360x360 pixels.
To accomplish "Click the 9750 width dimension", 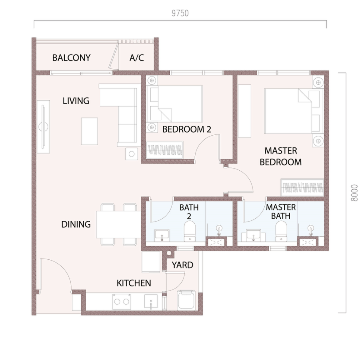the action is tap(180, 13).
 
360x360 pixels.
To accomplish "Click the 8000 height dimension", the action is tap(354, 193).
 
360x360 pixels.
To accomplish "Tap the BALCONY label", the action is tap(71, 57).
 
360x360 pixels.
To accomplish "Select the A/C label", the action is tap(137, 57).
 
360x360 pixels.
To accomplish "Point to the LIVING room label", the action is tap(76, 101).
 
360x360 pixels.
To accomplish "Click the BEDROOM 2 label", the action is tap(187, 129).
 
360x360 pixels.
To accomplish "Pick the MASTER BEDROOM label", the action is tap(281, 156).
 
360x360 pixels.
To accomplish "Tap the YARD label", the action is tap(182, 265).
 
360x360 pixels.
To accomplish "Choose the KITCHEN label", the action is tap(134, 283).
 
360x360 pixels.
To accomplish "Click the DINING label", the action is tap(76, 224).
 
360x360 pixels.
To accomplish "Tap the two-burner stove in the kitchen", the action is tap(122, 302).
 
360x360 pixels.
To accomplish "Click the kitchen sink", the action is tap(151, 302).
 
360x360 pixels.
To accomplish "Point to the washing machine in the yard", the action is tap(186, 300).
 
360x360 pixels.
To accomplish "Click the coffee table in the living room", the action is tap(89, 131).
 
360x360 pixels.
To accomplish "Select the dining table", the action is tap(118, 225).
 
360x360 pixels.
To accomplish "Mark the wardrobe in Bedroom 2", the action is tap(165, 150).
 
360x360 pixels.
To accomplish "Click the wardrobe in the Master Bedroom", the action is tap(302, 187).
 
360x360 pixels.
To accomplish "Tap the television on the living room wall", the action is tap(43, 127).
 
